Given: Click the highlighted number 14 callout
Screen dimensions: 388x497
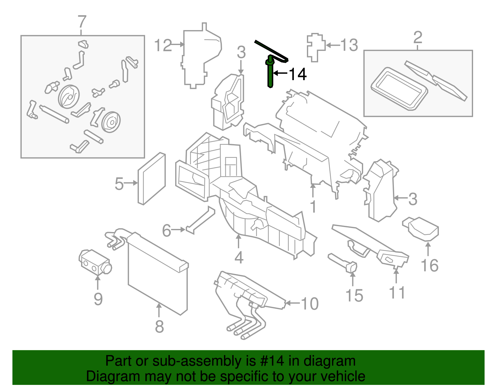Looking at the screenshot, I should (x=298, y=74).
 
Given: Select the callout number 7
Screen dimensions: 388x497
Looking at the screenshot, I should (x=81, y=22).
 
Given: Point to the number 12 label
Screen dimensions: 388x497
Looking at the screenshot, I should (x=163, y=45).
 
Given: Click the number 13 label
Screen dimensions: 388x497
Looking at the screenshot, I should (x=349, y=45).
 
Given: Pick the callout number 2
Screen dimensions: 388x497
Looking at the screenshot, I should (x=417, y=38).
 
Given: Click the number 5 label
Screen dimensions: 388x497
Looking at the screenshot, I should (x=119, y=184).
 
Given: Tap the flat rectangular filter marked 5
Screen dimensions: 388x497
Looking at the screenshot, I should (x=152, y=178).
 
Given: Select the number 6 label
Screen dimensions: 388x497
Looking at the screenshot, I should (x=166, y=231).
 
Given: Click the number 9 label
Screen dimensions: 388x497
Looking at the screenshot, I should (x=98, y=299).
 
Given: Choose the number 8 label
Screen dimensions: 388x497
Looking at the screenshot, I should (x=159, y=326).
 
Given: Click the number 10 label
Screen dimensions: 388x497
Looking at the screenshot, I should (x=309, y=304).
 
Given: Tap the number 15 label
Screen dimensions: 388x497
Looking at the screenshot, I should (x=354, y=295).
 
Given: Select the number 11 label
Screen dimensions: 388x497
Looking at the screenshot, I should (x=397, y=293).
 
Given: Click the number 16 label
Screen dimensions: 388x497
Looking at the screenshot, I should (x=429, y=266).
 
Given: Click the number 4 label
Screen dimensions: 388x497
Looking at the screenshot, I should (x=239, y=258).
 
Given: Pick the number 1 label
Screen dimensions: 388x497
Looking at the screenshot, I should (x=313, y=207).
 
